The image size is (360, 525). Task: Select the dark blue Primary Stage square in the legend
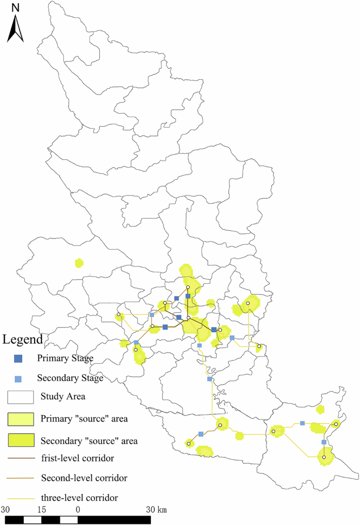click(x=18, y=359)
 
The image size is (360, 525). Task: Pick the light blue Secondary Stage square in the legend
click(x=18, y=378)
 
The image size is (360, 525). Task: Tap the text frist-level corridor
click(x=77, y=459)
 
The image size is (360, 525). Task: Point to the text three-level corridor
click(x=79, y=497)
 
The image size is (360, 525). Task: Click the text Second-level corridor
click(x=84, y=478)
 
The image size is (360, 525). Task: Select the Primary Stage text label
click(x=65, y=358)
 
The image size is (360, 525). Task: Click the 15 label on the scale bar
click(x=42, y=510)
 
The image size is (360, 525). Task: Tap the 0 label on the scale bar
click(x=78, y=510)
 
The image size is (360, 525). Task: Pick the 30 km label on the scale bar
click(x=156, y=510)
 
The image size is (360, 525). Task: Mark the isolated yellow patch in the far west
click(x=79, y=262)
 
